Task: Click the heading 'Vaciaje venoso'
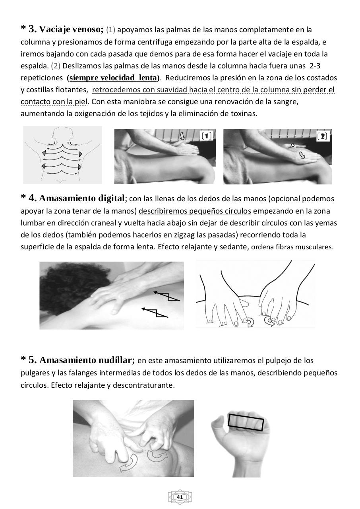coord(72,29)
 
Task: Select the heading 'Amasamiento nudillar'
coord(87,360)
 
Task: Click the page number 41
coord(180,497)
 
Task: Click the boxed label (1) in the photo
coord(207,136)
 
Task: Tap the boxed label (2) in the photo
coord(322,136)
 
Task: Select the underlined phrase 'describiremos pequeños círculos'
coord(195,211)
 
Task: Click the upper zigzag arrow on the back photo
coord(167,296)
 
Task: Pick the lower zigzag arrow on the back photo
coord(155,313)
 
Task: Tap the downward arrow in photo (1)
coord(182,136)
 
